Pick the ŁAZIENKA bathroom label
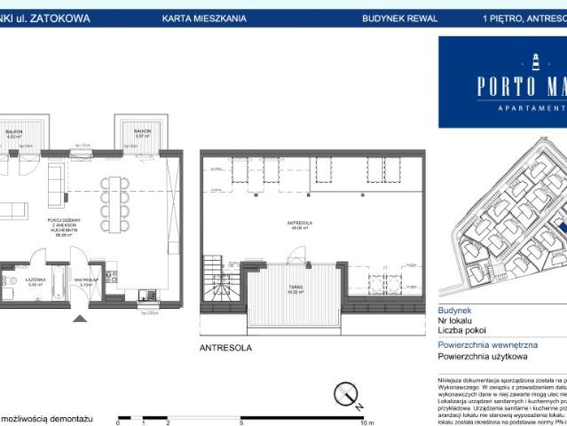pyautogui.click(x=35, y=281)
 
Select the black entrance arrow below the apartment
pyautogui.click(x=81, y=318)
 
